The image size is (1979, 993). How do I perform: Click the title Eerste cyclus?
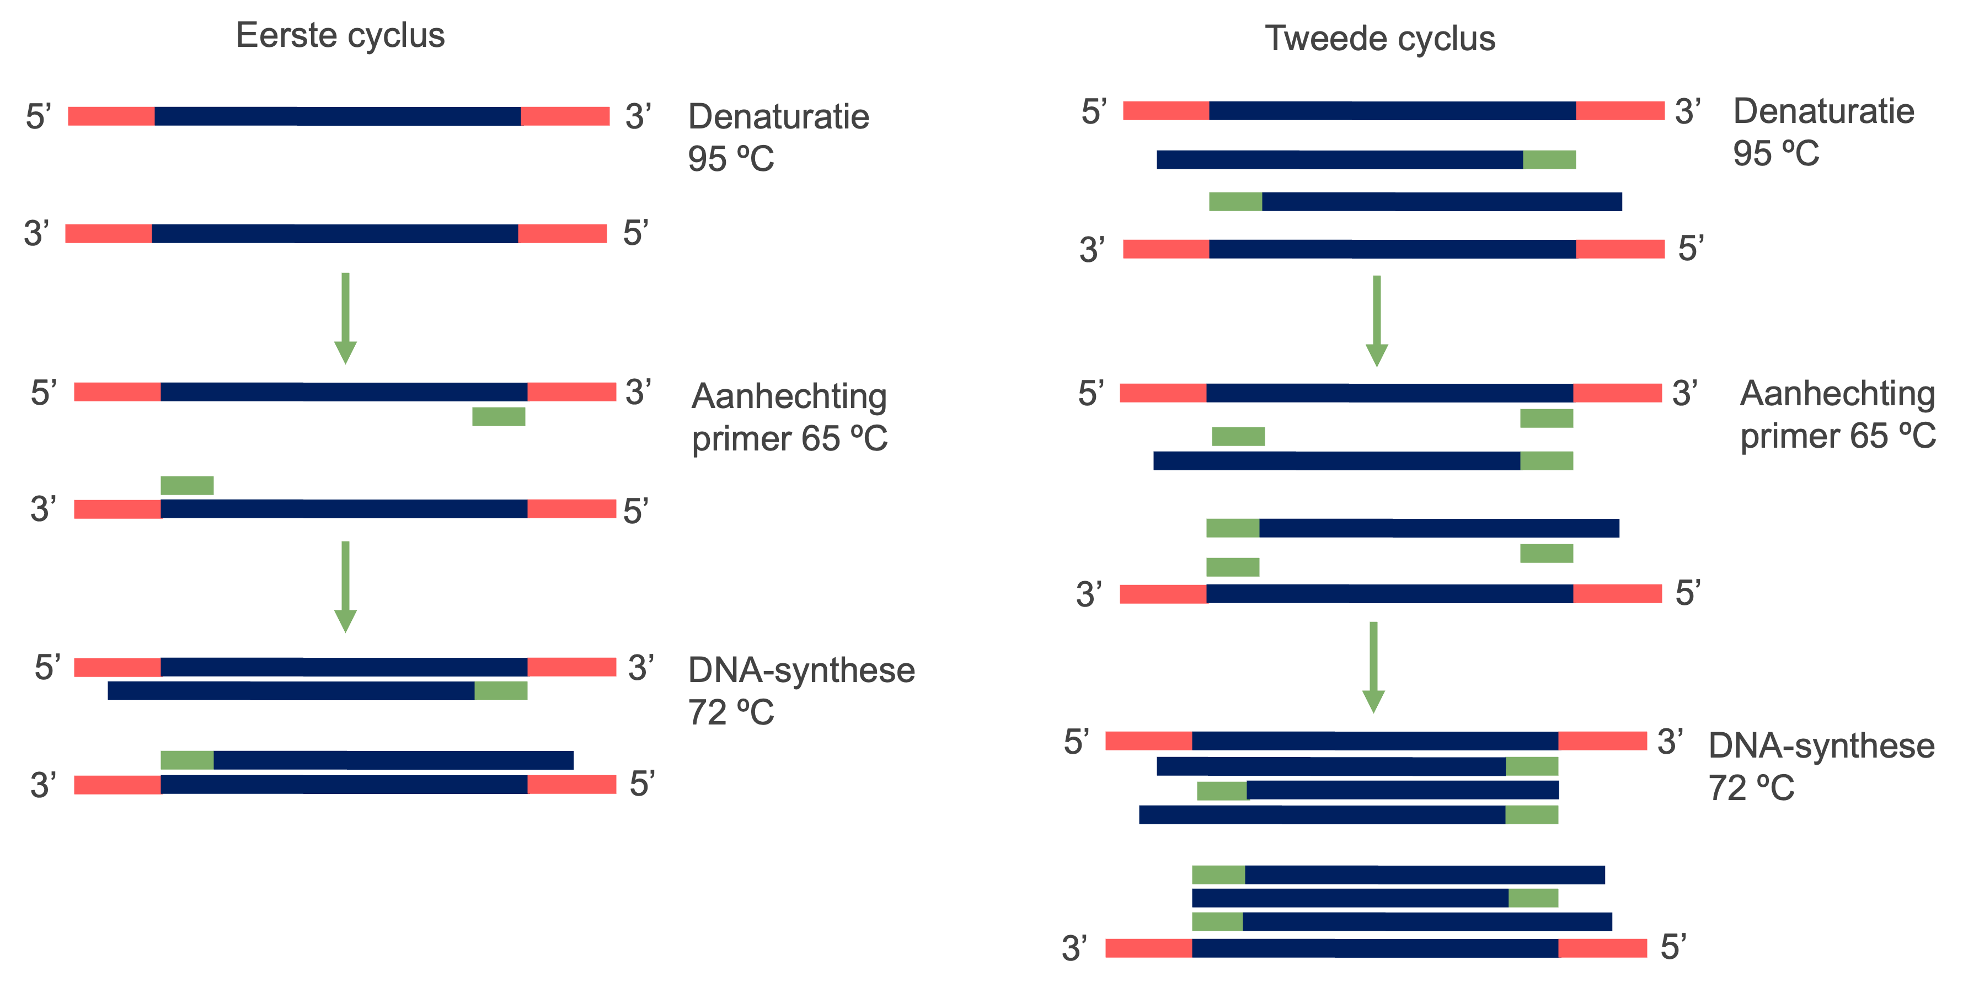pyautogui.click(x=340, y=35)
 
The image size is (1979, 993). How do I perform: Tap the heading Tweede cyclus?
pyautogui.click(x=1380, y=39)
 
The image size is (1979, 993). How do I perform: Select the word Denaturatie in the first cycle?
pyautogui.click(x=778, y=117)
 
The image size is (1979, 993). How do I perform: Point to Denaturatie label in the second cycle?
pyautogui.click(x=1823, y=111)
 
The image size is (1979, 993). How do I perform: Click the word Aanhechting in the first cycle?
pyautogui.click(x=789, y=396)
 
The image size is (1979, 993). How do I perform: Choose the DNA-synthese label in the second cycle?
pyautogui.click(x=1821, y=745)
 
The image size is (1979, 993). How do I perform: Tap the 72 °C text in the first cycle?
pyautogui.click(x=731, y=713)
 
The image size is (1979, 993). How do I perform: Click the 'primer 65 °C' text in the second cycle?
pyautogui.click(x=1837, y=436)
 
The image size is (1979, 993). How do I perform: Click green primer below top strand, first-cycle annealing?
pyautogui.click(x=499, y=416)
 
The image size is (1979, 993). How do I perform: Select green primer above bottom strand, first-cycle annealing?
pyautogui.click(x=186, y=485)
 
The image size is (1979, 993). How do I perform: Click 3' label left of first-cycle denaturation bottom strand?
pyautogui.click(x=36, y=233)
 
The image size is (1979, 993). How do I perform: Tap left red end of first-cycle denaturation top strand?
pyautogui.click(x=111, y=116)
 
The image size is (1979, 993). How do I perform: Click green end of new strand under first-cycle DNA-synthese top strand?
pyautogui.click(x=501, y=690)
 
